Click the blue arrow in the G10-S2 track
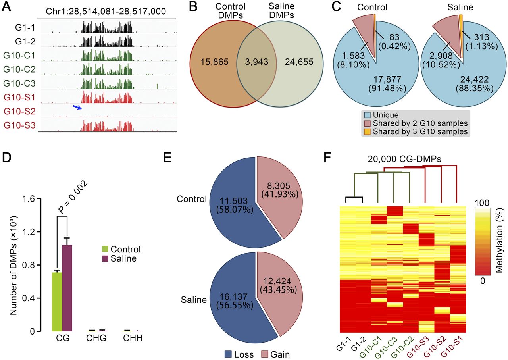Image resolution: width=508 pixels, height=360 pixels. (x=78, y=107)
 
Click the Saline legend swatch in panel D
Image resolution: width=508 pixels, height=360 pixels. (x=106, y=258)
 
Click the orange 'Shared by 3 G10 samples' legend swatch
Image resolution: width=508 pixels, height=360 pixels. (x=368, y=131)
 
